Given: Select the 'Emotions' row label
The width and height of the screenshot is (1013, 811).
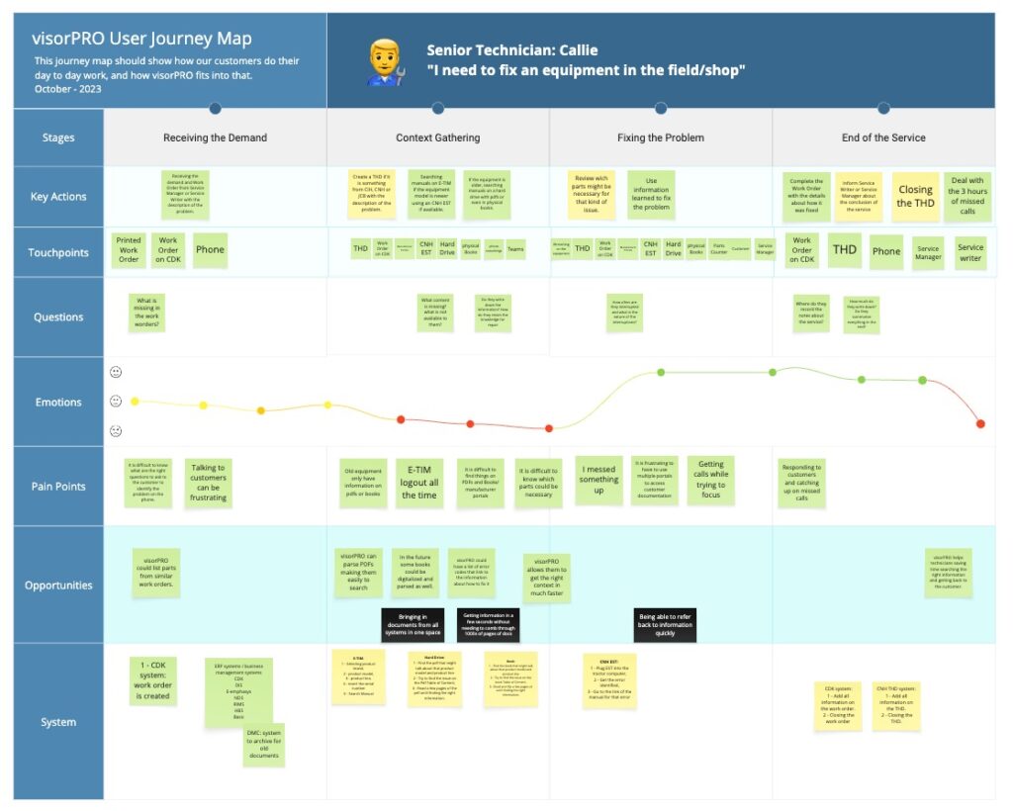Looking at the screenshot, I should pos(58,402).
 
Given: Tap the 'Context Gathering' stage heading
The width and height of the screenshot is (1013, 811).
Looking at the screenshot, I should pos(437,137).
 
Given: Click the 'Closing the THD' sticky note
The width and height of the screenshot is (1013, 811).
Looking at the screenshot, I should pos(915,196).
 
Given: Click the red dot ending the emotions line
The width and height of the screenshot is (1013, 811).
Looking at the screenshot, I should pos(980,423).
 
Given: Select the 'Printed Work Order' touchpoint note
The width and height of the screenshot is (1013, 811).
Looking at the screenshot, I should pos(129,249).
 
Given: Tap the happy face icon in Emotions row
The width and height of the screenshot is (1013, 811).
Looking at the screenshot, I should pos(116,372).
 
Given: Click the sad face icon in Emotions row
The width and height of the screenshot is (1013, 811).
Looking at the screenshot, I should pos(116,431).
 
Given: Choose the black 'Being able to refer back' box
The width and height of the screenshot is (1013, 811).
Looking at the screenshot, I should pos(664,625).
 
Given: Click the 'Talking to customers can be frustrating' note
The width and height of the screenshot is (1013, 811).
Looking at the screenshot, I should pos(208,482).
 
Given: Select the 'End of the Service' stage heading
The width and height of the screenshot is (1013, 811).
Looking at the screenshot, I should pos(883,137).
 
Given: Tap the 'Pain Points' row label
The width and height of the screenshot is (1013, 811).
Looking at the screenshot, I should pos(58,486).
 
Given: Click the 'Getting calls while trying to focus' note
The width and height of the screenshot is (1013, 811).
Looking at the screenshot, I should pos(710,478).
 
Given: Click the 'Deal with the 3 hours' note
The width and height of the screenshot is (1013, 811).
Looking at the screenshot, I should pos(967,195).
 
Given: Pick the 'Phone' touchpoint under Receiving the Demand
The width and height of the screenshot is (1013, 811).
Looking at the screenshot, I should pos(210,250).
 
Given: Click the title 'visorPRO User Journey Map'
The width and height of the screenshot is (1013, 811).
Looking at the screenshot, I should pos(142,40).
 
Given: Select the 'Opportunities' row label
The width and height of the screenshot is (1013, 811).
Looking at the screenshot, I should pos(58,585).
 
